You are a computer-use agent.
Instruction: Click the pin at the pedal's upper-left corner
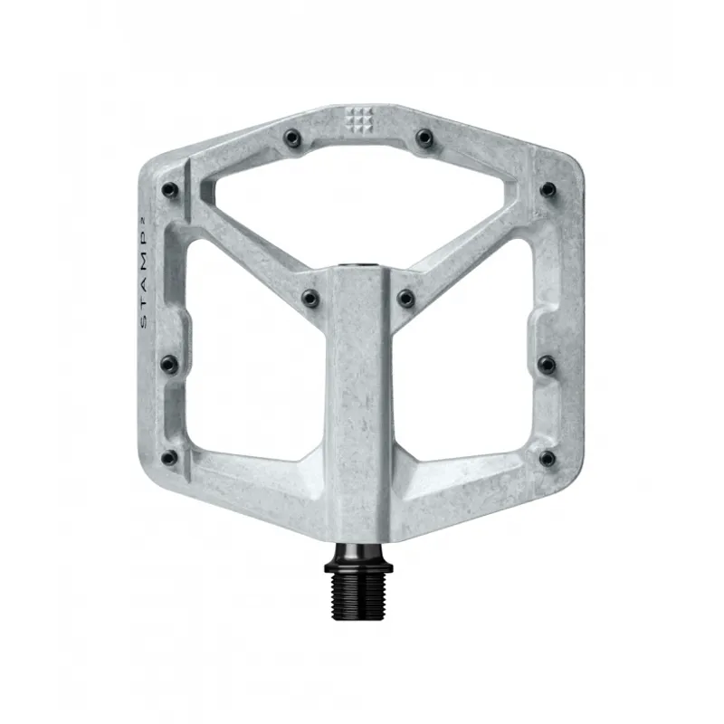169,190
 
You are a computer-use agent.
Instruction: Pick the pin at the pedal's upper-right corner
548,190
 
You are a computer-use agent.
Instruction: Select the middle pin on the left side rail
168,364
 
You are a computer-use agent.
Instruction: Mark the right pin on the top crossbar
424,138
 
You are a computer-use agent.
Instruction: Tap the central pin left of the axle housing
310,297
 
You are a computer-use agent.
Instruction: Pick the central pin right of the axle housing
406,297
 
